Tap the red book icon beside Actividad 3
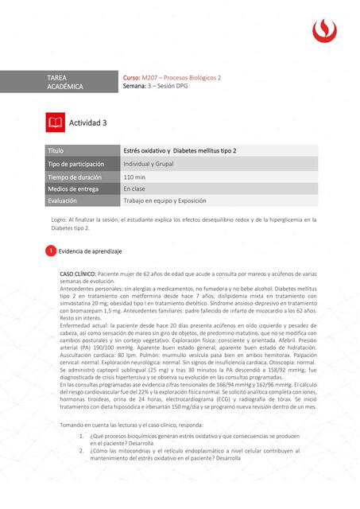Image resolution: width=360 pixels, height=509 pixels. pyautogui.click(x=55, y=122)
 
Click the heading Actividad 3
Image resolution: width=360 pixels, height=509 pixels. pyautogui.click(x=87, y=122)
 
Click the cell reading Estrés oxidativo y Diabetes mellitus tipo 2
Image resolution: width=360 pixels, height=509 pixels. pyautogui.click(x=180, y=150)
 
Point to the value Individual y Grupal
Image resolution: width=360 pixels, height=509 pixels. pyautogui.click(x=149, y=163)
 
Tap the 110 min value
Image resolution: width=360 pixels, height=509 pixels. pyautogui.click(x=134, y=176)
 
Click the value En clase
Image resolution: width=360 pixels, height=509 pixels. pyautogui.click(x=134, y=188)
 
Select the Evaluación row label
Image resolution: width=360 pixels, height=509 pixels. pyautogui.click(x=63, y=201)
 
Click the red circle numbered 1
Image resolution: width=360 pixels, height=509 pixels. pyautogui.click(x=50, y=251)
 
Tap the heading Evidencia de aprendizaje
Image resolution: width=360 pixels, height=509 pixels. pyautogui.click(x=91, y=251)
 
